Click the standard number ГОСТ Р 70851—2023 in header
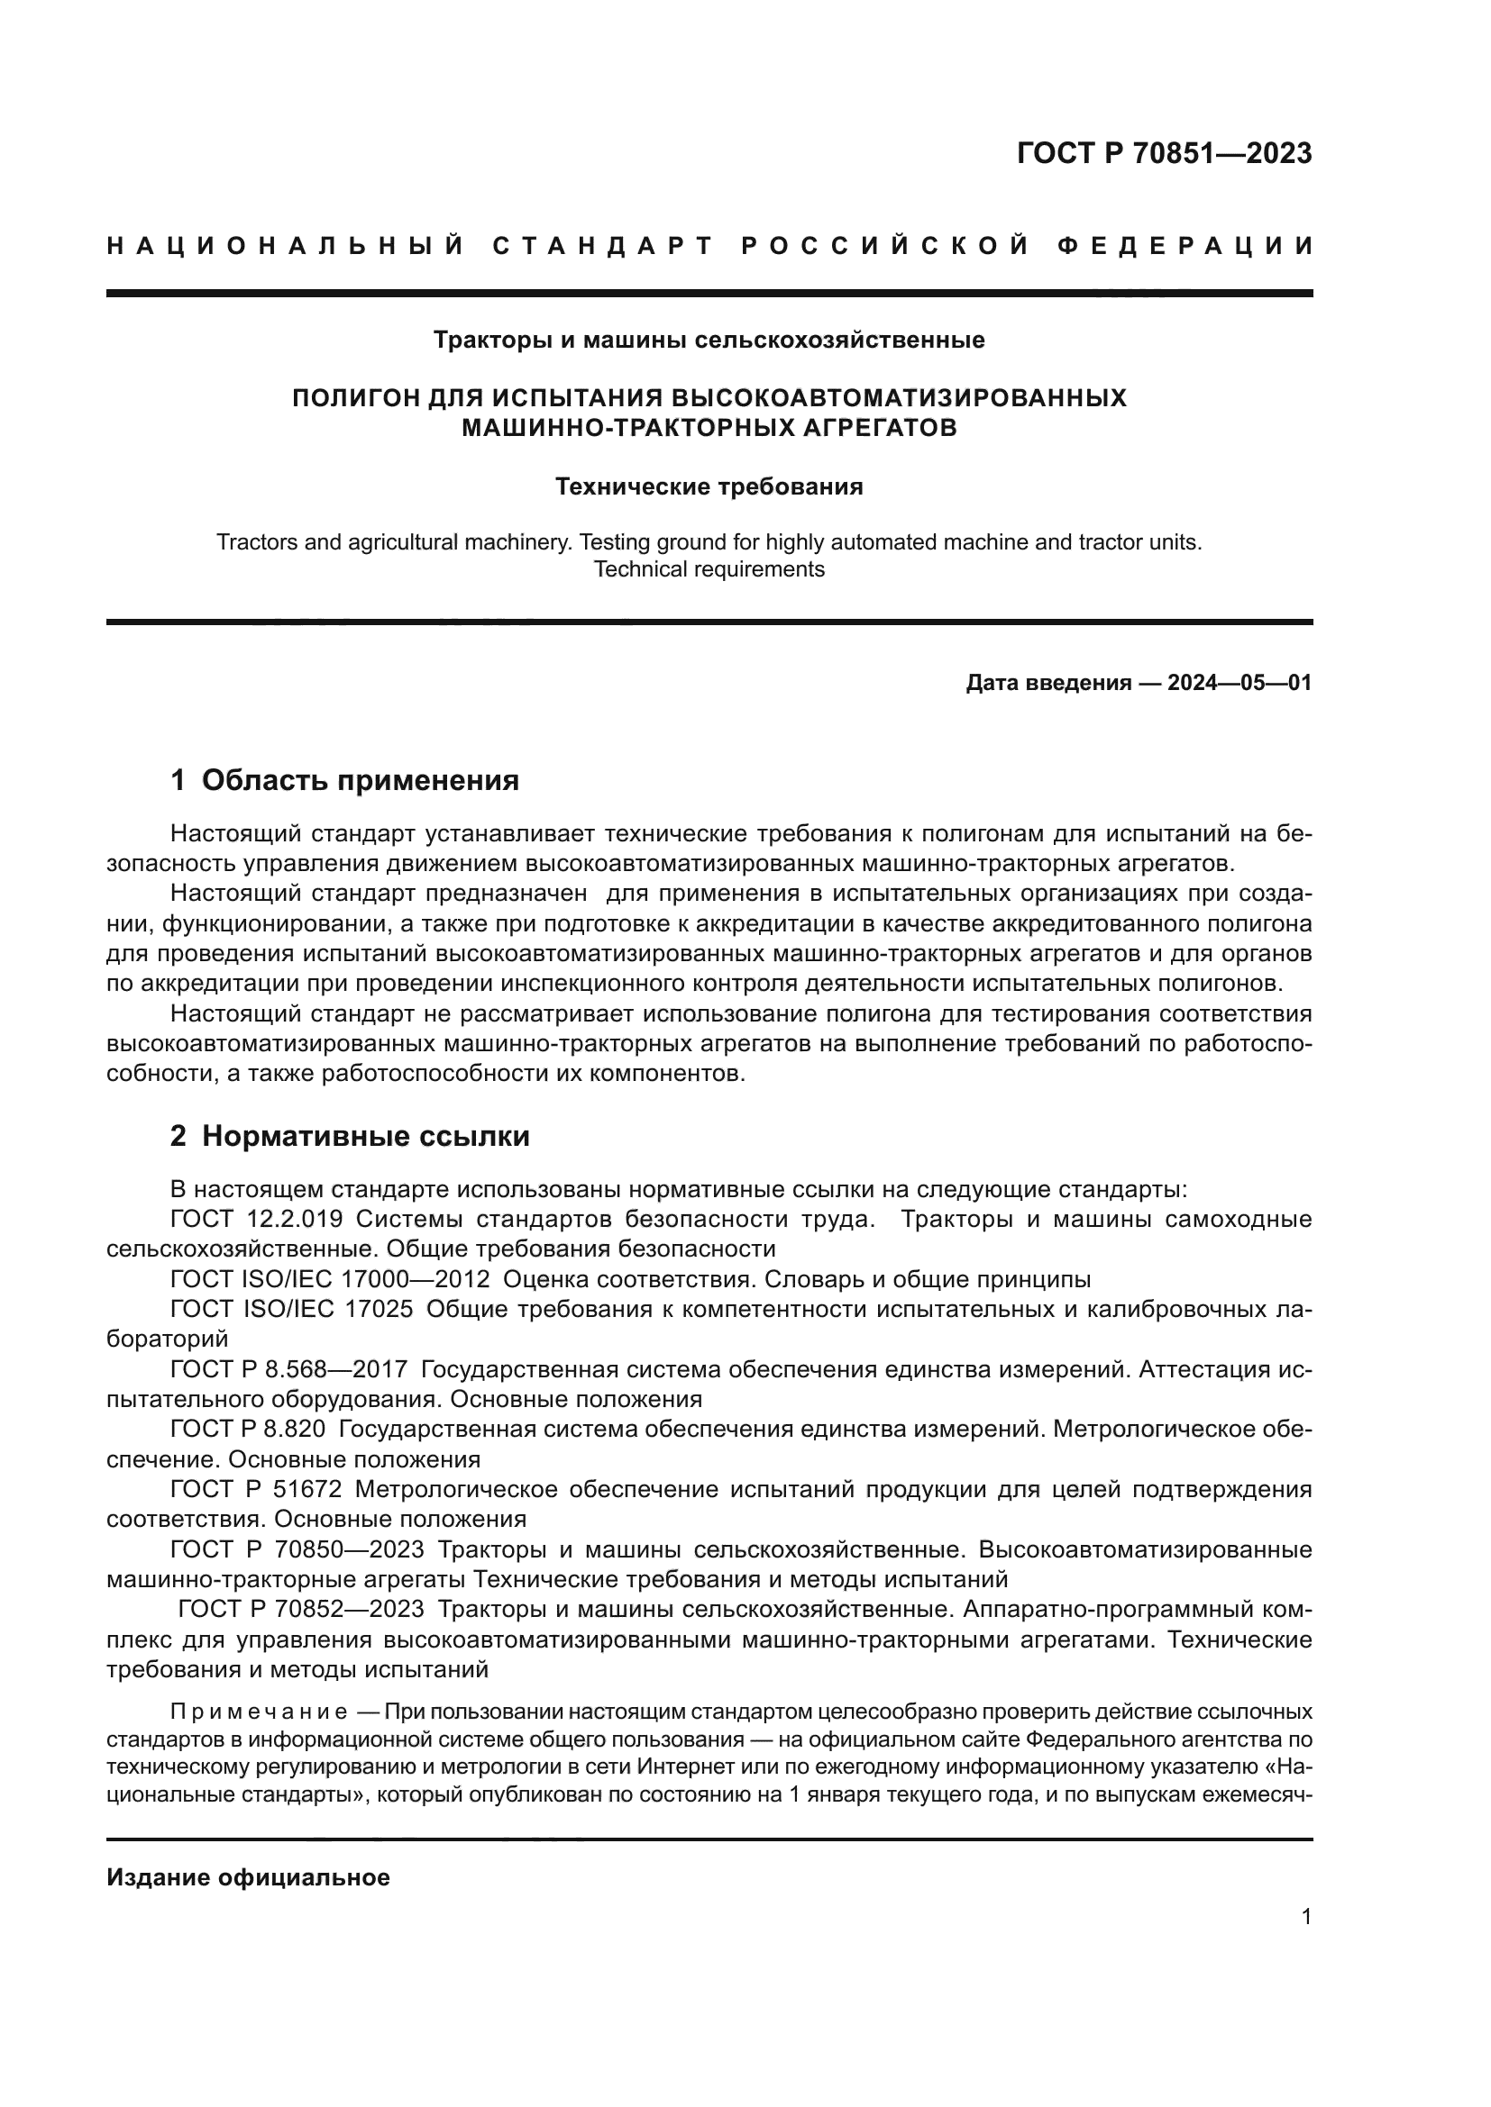coord(1163,153)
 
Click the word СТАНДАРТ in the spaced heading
coord(602,246)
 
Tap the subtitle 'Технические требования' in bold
coord(709,486)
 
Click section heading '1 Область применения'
coord(344,780)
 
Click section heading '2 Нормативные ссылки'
coord(350,1136)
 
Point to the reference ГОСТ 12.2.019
coord(256,1220)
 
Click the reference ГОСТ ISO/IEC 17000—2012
coord(330,1279)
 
